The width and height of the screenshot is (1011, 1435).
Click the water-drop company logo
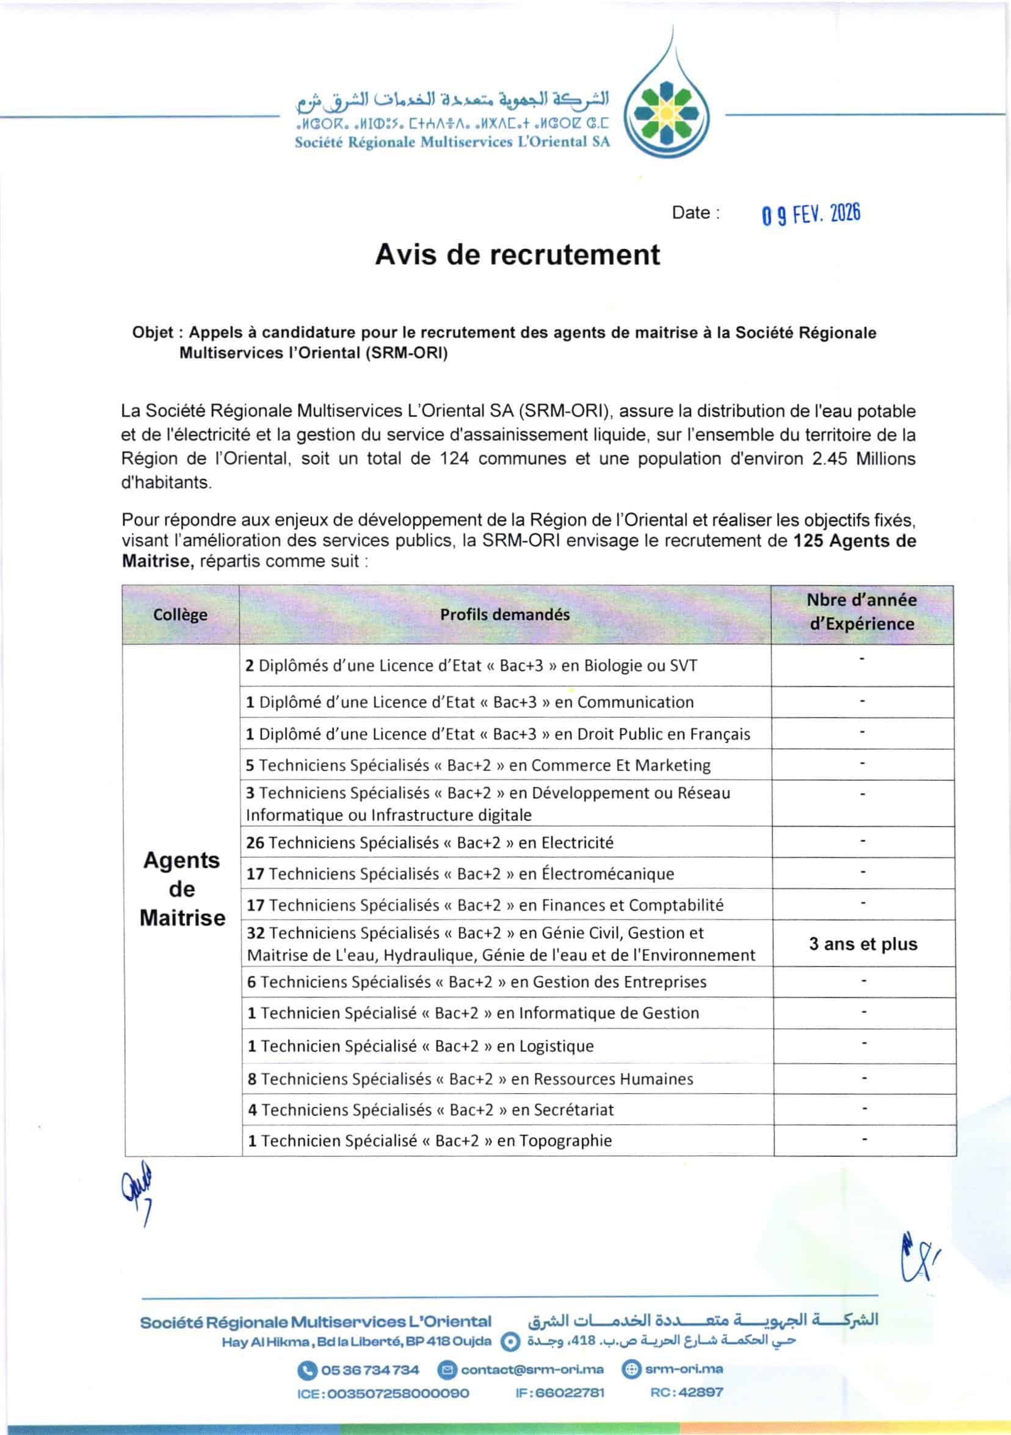tap(668, 116)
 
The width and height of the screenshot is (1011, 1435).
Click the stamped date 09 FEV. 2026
tap(811, 214)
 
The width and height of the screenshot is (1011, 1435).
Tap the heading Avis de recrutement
tap(517, 255)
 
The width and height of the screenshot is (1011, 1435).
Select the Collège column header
tap(180, 614)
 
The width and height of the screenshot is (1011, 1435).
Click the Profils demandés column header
tap(504, 614)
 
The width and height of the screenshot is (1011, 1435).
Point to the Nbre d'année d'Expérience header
tap(861, 612)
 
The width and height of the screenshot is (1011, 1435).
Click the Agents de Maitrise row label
tap(182, 889)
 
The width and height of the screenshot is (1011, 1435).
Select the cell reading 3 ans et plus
tap(863, 944)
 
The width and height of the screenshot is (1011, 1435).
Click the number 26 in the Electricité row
tap(255, 843)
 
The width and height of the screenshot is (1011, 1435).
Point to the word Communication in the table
tap(636, 702)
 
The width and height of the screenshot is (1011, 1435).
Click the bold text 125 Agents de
tap(854, 541)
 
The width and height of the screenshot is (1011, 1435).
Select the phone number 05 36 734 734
tap(369, 1370)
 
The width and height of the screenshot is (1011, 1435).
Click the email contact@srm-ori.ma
tap(532, 1370)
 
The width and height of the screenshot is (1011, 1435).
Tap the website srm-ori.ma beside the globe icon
tap(684, 1369)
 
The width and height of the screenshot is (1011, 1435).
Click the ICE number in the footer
tap(383, 1393)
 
